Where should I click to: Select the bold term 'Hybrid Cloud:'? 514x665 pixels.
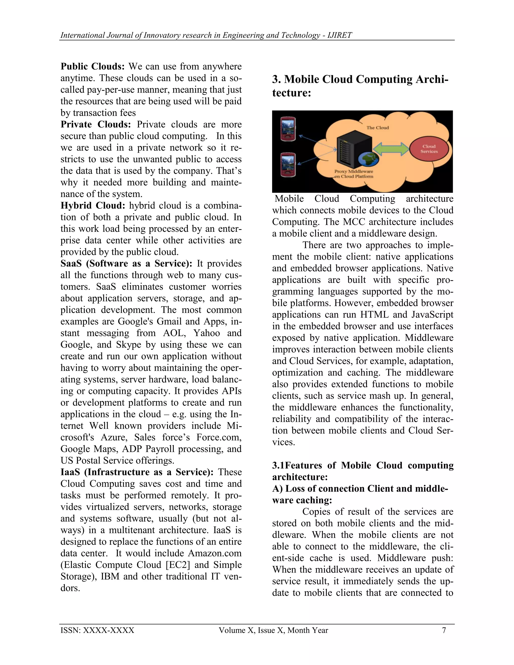(93, 206)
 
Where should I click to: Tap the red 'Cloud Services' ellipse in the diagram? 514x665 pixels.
(429, 149)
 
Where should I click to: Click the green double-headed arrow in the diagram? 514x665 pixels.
(391, 149)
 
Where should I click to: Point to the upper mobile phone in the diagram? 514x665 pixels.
(288, 129)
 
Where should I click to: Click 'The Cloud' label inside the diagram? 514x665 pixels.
(377, 127)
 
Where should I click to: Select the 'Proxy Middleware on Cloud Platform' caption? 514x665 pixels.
(354, 174)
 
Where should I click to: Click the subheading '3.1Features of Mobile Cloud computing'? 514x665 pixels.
(362, 465)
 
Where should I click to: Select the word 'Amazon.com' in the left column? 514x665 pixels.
(215, 553)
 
